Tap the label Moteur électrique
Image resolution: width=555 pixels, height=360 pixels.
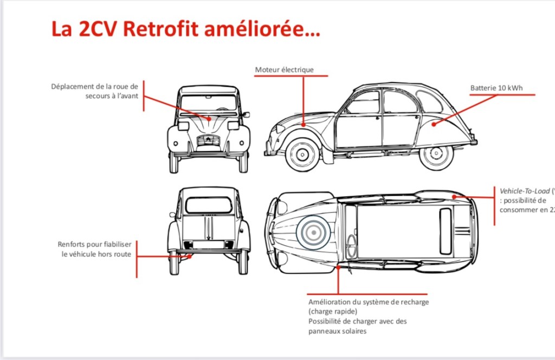point(285,70)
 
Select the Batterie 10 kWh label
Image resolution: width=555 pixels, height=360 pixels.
point(496,88)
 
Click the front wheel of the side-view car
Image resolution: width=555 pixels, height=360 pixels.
point(302,154)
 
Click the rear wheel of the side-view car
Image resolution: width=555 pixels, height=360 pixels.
point(436,155)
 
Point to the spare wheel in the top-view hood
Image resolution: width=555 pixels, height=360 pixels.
point(313,233)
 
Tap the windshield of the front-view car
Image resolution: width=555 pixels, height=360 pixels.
point(209,102)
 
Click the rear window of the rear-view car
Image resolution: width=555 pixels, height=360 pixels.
point(209,205)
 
